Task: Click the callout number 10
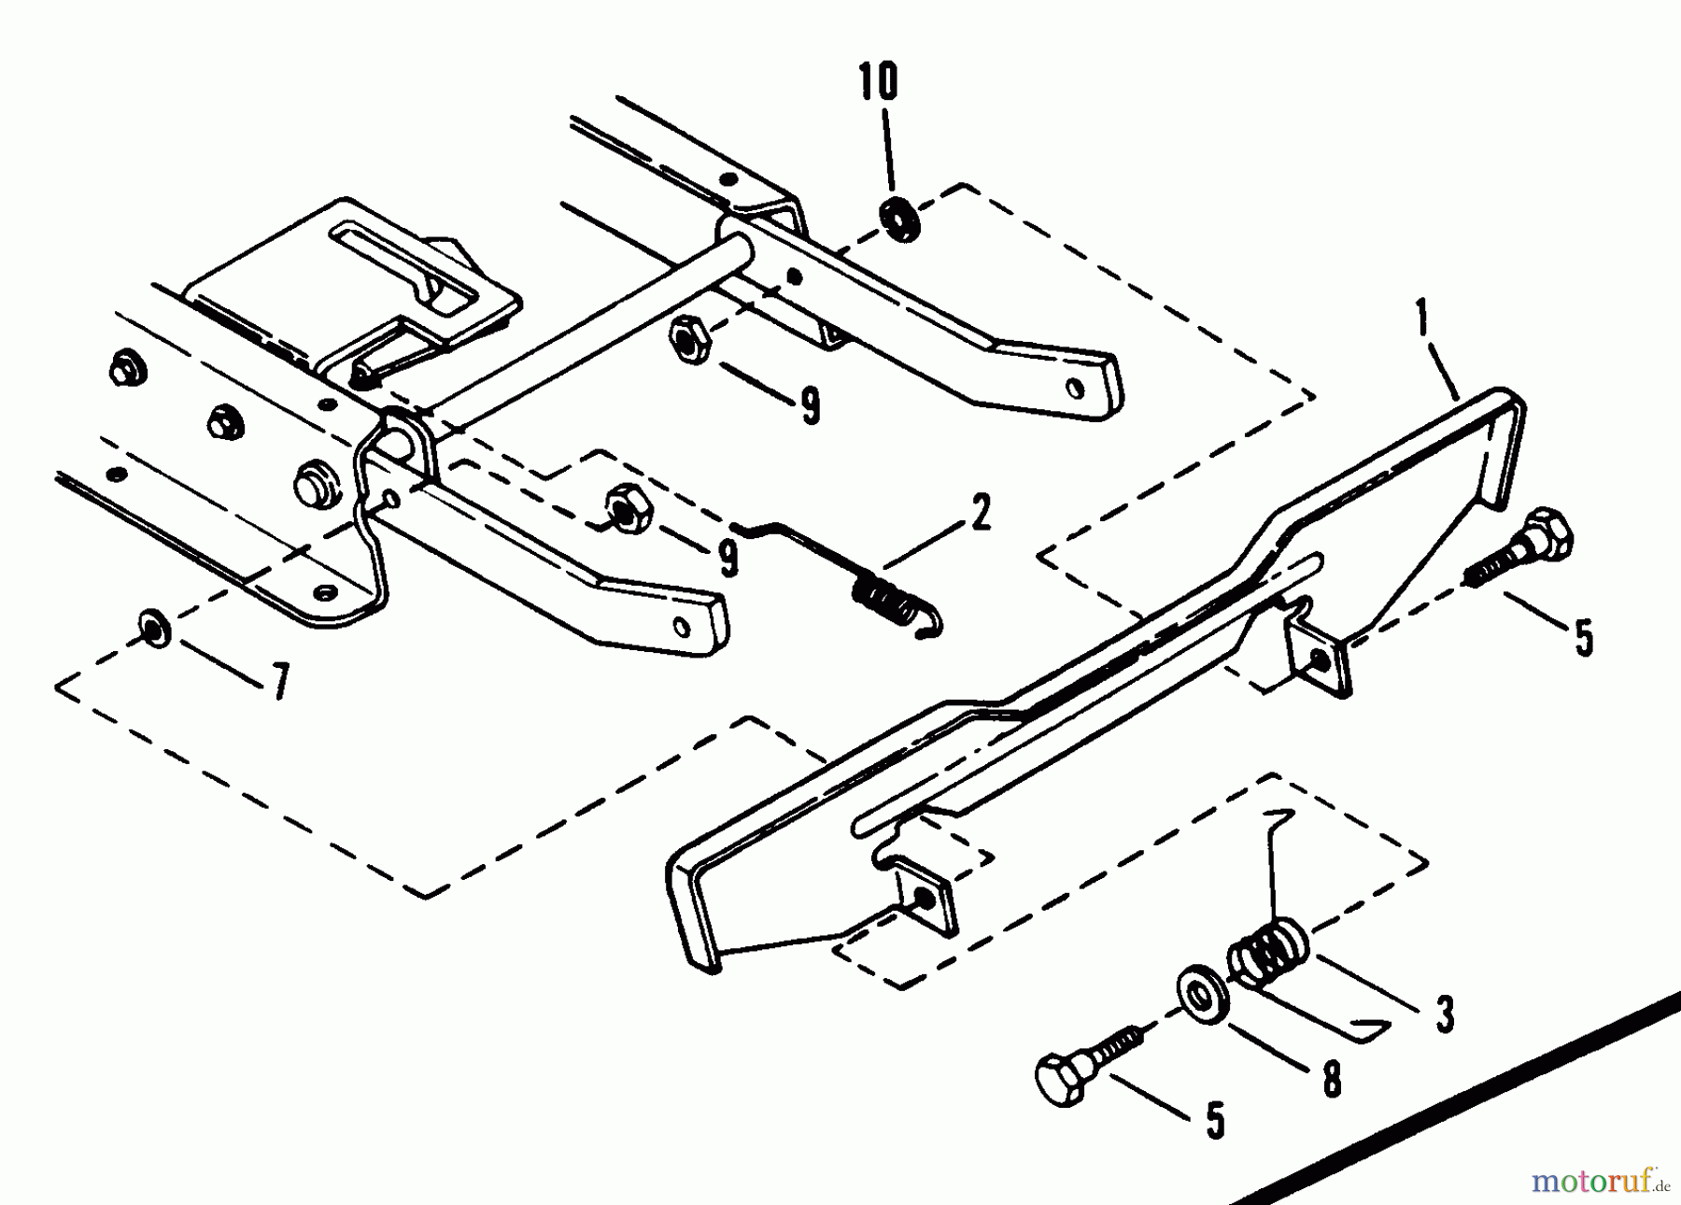879,81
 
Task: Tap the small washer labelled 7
152,627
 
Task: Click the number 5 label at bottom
1215,1118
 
